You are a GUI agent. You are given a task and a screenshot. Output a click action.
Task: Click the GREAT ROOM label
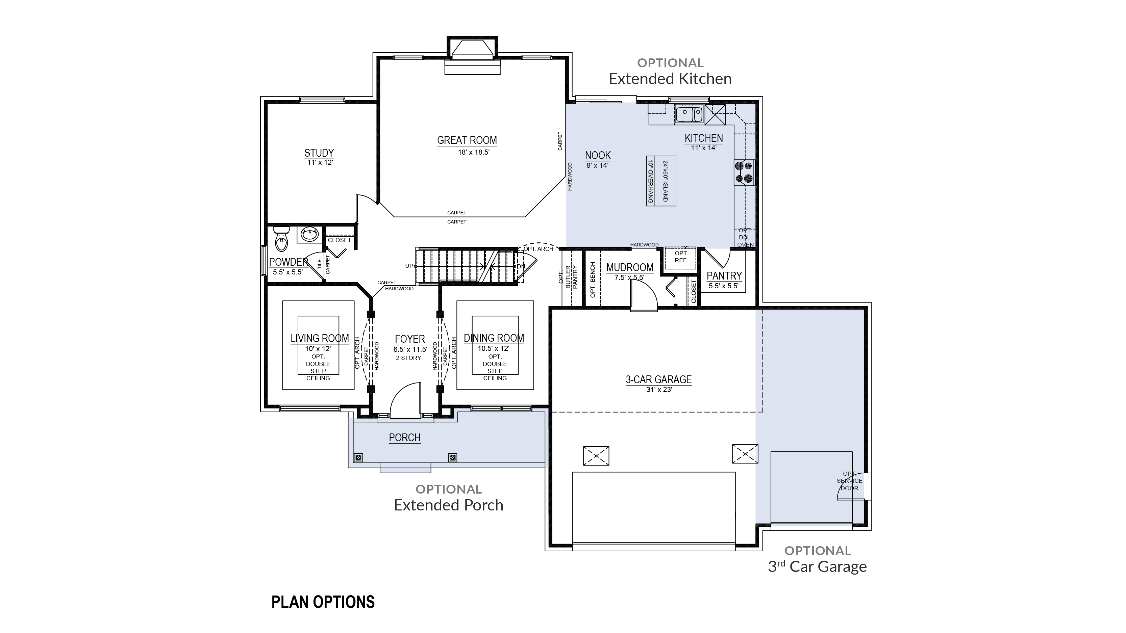[467, 140]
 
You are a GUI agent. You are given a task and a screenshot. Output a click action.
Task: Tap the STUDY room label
[319, 153]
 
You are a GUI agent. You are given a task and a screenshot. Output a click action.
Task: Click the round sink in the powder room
[309, 235]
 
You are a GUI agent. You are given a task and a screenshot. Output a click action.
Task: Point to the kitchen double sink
[689, 114]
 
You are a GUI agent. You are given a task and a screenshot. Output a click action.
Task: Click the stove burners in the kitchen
[744, 172]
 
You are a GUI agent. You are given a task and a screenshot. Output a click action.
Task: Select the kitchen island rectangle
[661, 181]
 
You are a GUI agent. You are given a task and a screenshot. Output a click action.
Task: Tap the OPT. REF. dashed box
[681, 258]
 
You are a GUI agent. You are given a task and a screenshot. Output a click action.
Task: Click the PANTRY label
[724, 276]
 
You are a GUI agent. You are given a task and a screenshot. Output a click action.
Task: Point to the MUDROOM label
[630, 267]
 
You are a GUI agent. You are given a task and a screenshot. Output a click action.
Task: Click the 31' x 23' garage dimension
[659, 389]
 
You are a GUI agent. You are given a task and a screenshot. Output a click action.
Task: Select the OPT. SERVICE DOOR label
[849, 480]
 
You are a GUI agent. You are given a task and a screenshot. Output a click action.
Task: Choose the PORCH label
[405, 437]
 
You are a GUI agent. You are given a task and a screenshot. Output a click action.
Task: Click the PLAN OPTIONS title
[323, 602]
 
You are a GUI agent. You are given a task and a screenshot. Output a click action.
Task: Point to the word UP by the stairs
[409, 266]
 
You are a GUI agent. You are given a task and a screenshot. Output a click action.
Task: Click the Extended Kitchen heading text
[670, 79]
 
